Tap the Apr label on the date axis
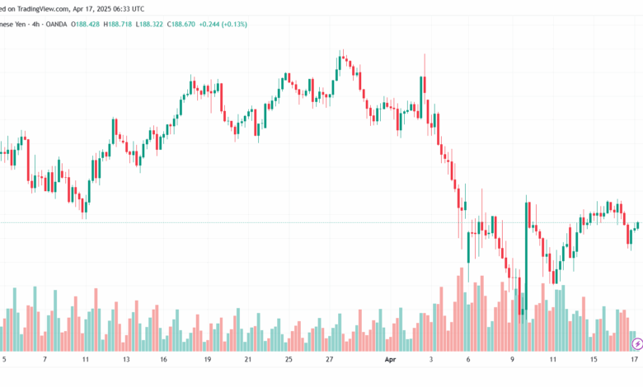[x=391, y=360]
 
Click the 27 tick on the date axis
[x=329, y=360]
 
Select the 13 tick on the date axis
[x=126, y=360]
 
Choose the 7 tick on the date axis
[x=45, y=360]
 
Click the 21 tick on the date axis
[x=248, y=360]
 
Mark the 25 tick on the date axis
[x=289, y=360]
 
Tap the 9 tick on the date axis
[x=512, y=360]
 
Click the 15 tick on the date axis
[x=594, y=360]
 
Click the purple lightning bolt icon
[x=636, y=343]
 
